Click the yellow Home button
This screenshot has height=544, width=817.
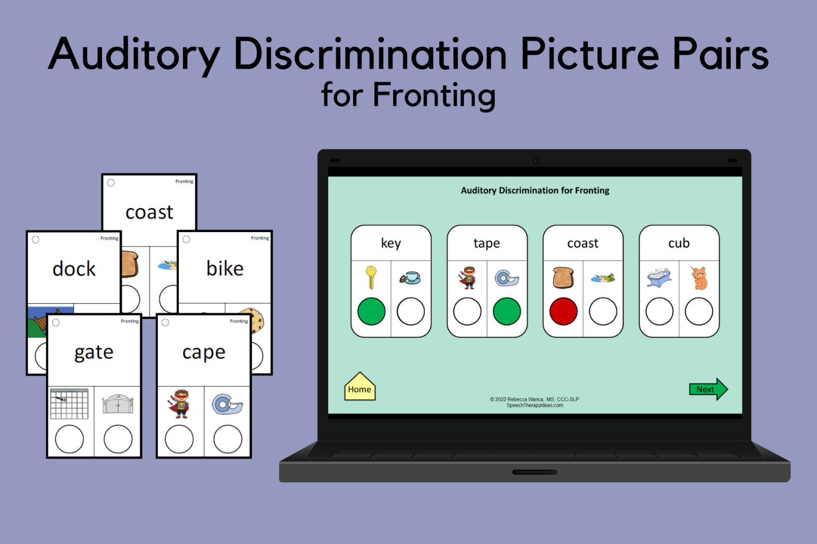pos(360,388)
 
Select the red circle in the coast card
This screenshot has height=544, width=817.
pos(563,311)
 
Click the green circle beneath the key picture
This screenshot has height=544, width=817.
pos(371,311)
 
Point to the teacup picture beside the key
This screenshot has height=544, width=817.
pos(410,277)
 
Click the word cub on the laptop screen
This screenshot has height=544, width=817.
pos(679,243)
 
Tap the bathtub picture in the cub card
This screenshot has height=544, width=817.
pos(660,277)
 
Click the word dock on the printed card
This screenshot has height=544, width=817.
pos(74,269)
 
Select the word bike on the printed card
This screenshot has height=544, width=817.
pos(225,269)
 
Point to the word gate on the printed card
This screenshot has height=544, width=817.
pos(94,353)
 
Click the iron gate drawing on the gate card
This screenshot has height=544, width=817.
pos(118,404)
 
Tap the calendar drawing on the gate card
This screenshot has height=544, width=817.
pos(69,404)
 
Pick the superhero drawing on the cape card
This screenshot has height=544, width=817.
pos(179,404)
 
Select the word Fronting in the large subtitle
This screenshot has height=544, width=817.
pos(434,96)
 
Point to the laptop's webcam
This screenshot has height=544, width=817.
pos(535,160)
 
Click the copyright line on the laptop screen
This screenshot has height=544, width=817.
pos(535,399)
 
